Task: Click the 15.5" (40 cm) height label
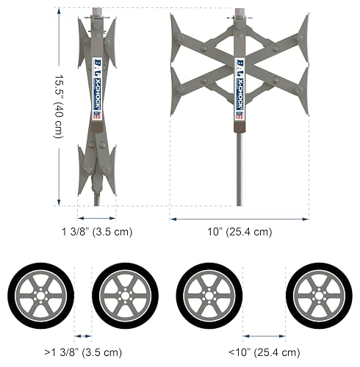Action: tap(59, 106)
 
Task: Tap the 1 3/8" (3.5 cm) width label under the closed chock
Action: tap(97, 231)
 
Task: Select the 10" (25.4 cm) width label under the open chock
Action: tap(240, 231)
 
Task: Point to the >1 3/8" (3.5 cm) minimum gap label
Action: tap(83, 352)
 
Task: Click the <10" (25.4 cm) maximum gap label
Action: tap(264, 352)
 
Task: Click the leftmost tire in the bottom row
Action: tap(40, 296)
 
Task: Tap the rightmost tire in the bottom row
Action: tap(319, 296)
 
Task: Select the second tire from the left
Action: tap(125, 296)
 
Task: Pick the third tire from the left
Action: tap(209, 296)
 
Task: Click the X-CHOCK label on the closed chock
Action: tap(98, 94)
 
